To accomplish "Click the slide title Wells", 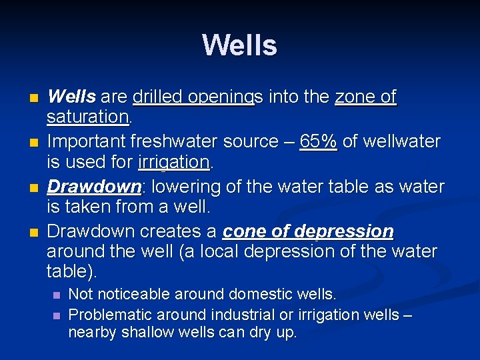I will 239,45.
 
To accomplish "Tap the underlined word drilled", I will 157,97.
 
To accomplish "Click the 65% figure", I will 319,141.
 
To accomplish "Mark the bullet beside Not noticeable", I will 57,295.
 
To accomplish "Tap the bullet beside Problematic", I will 57,315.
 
